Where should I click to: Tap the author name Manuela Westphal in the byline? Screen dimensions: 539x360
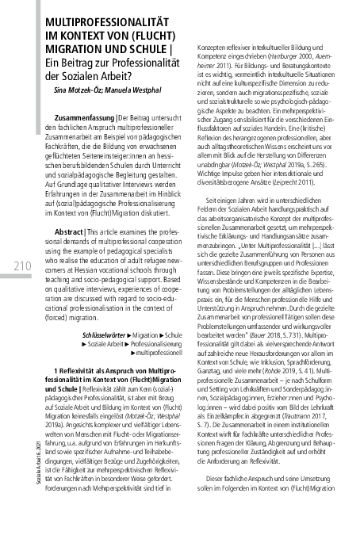coord(144,92)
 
